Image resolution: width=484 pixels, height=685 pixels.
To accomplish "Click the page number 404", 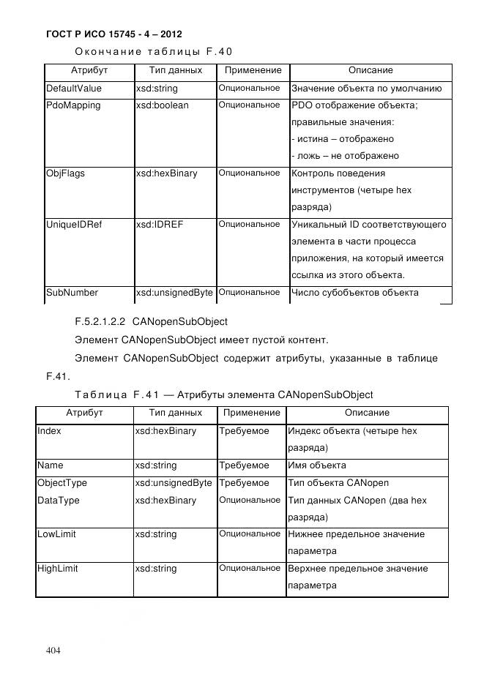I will (53, 650).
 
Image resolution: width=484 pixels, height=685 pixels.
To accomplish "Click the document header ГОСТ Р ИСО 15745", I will (113, 34).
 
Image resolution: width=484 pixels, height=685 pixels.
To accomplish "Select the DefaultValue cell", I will (74, 89).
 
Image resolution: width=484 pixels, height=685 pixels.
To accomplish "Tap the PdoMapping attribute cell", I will (73, 105).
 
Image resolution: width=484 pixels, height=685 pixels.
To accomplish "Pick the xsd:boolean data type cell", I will (162, 105).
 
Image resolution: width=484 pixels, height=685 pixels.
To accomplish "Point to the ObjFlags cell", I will (64, 173).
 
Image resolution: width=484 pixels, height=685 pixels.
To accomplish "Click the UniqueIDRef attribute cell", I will (74, 225).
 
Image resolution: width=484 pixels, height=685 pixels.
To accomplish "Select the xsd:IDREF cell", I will (159, 225).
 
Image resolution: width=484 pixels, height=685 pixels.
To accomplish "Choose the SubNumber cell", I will (72, 293).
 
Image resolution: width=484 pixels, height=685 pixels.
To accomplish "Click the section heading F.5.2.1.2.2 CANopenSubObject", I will (152, 321).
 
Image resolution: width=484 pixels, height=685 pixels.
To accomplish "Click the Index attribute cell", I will (49, 431).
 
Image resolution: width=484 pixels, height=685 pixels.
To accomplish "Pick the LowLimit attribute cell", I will (56, 534).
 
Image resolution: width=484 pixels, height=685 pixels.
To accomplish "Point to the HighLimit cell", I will (57, 569).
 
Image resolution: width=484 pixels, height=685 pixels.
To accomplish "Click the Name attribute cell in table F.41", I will (50, 465).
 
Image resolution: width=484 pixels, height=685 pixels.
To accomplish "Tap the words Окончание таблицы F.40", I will (154, 51).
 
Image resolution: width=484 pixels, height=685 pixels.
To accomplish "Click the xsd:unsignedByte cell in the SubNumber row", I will (174, 293).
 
